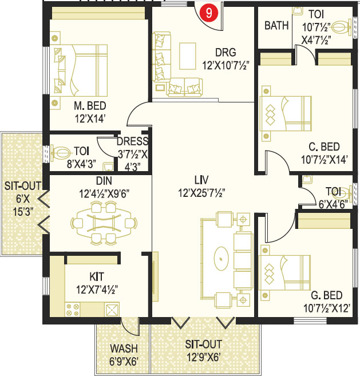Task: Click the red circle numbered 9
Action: (209, 13)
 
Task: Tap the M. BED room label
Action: (90, 106)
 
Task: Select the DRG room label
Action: (226, 53)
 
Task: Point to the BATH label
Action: (276, 25)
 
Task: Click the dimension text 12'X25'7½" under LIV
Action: (201, 193)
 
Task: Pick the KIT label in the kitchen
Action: (97, 277)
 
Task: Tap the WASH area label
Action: (124, 349)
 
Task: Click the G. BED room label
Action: (326, 295)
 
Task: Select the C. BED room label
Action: (324, 147)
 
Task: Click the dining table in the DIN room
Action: (104, 223)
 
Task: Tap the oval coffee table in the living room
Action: (221, 259)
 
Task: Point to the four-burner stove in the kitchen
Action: (73, 310)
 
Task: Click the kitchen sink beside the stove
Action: (112, 310)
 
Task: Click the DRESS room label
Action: (132, 141)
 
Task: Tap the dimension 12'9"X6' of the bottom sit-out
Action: (203, 358)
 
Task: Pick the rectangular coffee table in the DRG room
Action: (188, 56)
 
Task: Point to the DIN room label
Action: (104, 181)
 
